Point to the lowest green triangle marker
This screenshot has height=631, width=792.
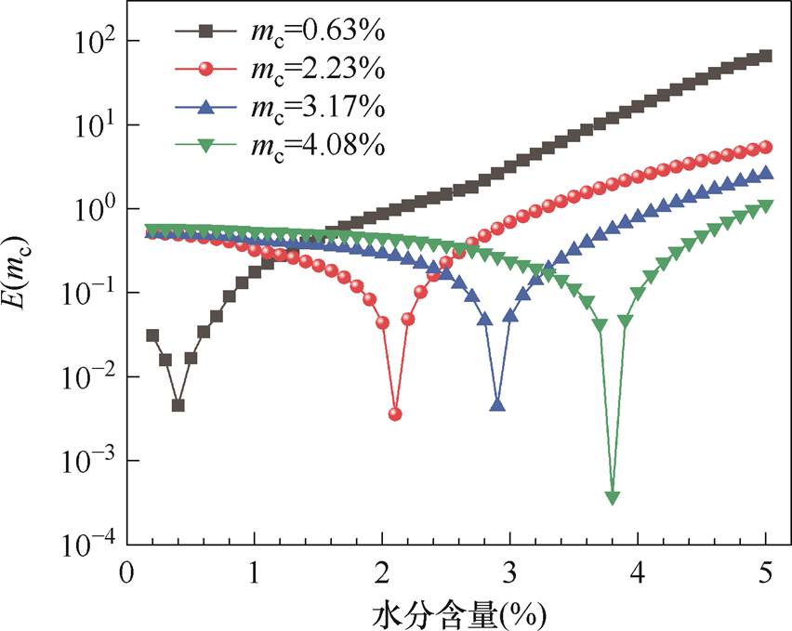tap(613, 498)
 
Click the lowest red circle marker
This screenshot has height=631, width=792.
tap(395, 414)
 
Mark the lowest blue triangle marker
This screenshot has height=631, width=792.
tap(497, 405)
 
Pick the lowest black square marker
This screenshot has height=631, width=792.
tap(178, 405)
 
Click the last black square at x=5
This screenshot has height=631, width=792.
tap(766, 57)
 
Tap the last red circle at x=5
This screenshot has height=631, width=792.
tap(766, 147)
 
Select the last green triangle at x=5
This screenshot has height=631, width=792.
tap(766, 205)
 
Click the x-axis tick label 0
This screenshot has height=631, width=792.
tap(126, 570)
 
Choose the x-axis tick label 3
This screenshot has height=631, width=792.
tap(509, 570)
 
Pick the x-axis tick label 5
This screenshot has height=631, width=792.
tap(766, 570)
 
